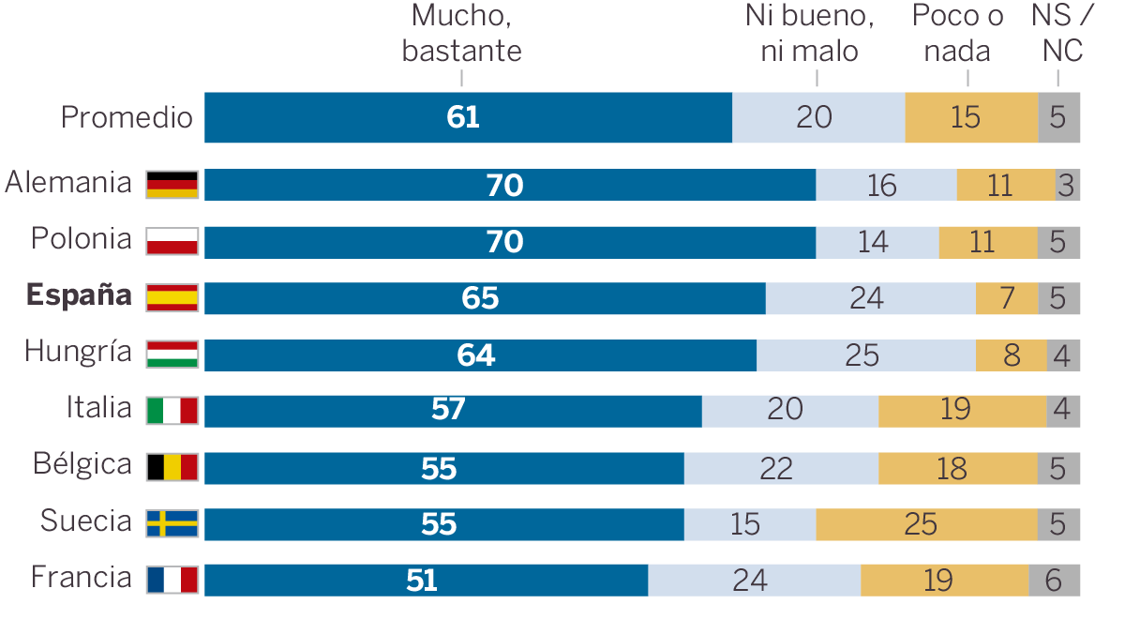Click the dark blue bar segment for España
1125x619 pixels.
point(485,298)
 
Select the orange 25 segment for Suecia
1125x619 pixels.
point(926,524)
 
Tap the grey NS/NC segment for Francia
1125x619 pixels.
point(1054,581)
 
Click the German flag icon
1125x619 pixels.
point(172,185)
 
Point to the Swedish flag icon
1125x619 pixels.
point(172,523)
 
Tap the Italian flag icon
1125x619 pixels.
point(172,411)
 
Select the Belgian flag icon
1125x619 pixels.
point(172,467)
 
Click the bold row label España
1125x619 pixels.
point(79,295)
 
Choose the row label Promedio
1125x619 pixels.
point(127,118)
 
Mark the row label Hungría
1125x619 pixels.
point(78,353)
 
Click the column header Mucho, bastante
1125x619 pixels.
point(461,33)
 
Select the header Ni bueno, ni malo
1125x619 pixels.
point(810,33)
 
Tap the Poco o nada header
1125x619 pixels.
point(957,33)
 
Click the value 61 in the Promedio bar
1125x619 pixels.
point(463,117)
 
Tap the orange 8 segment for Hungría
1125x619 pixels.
point(1011,355)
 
